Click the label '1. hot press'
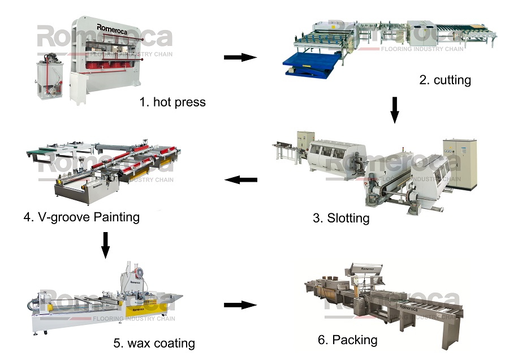(x=172, y=102)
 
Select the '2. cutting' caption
(x=445, y=80)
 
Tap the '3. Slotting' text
(x=341, y=218)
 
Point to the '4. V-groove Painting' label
(x=81, y=217)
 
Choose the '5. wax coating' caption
(x=154, y=343)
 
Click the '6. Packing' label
(x=347, y=340)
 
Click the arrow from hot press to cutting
(x=240, y=57)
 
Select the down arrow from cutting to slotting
(x=395, y=110)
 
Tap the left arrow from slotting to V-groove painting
(x=241, y=180)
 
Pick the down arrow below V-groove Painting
(x=105, y=244)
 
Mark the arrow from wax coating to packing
(x=240, y=305)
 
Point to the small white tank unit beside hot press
(x=48, y=74)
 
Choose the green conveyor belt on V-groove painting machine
(x=40, y=151)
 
